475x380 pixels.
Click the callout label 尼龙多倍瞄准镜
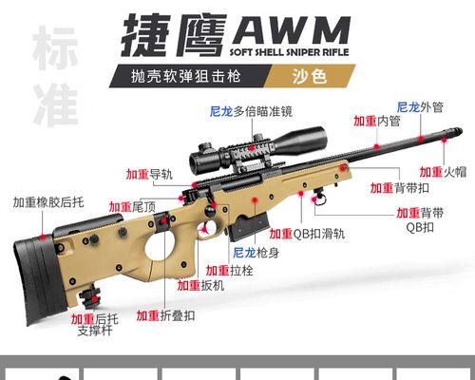251,111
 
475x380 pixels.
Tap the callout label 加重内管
377,121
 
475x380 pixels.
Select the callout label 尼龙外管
420,107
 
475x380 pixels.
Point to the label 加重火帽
443,172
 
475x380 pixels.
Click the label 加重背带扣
400,188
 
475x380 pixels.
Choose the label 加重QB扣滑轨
307,234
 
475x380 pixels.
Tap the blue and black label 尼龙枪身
256,253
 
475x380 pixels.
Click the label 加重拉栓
229,271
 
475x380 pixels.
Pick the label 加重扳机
200,285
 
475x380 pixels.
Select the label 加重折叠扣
165,315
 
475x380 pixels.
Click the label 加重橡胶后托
48,202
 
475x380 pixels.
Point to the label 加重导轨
149,174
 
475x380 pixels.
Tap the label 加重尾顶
132,207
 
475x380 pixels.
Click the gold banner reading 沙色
310,76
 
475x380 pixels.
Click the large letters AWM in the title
292,30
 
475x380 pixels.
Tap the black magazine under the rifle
250,227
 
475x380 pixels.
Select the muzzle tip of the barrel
458,132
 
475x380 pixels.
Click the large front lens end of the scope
319,139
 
